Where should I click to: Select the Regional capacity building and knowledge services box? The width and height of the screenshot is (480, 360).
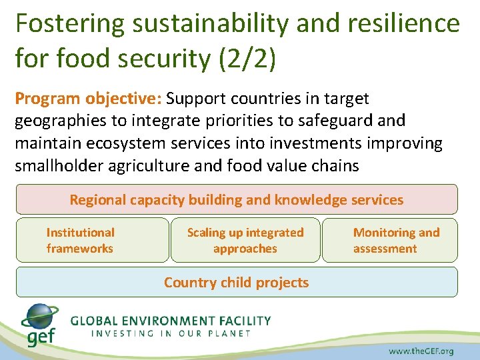[x=237, y=200]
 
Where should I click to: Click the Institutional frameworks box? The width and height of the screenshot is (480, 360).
[x=92, y=240]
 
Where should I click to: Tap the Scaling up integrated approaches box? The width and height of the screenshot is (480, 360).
[x=245, y=240]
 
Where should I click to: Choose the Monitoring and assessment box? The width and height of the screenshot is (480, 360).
[x=390, y=240]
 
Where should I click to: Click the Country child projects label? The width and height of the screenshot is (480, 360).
[x=237, y=282]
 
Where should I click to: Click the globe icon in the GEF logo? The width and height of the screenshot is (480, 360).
[x=41, y=317]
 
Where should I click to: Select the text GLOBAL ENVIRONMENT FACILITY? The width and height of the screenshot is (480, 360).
[x=171, y=320]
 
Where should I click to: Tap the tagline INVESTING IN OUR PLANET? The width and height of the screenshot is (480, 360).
[x=171, y=333]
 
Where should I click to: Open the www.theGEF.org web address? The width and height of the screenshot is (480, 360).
[x=421, y=351]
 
